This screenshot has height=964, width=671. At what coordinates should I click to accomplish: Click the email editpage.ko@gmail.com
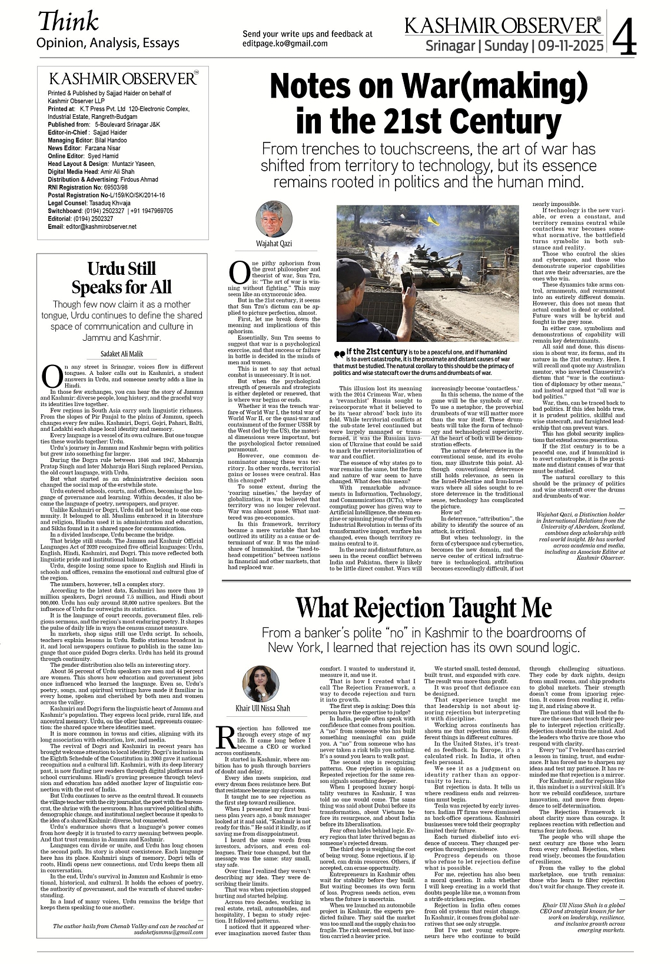[x=285, y=44]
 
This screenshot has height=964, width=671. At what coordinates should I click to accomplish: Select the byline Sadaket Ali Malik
[x=122, y=354]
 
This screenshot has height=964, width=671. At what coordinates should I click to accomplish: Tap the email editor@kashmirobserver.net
[x=101, y=227]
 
